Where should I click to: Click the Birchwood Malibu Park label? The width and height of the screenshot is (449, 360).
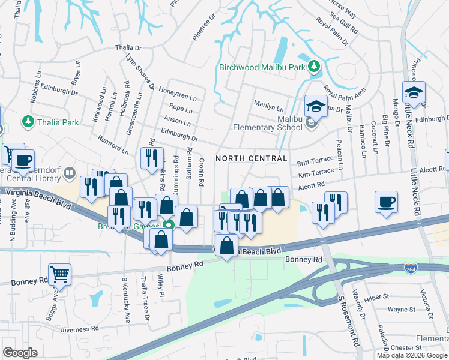click(262, 67)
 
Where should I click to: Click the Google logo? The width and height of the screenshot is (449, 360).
click(20, 353)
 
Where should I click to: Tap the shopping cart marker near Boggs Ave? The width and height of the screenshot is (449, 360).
click(59, 274)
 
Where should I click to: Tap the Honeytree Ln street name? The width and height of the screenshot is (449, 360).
click(177, 93)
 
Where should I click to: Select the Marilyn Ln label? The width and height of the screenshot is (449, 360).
click(268, 107)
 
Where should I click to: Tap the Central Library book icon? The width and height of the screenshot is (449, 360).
click(70, 173)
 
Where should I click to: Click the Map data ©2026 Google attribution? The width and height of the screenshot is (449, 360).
click(412, 355)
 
